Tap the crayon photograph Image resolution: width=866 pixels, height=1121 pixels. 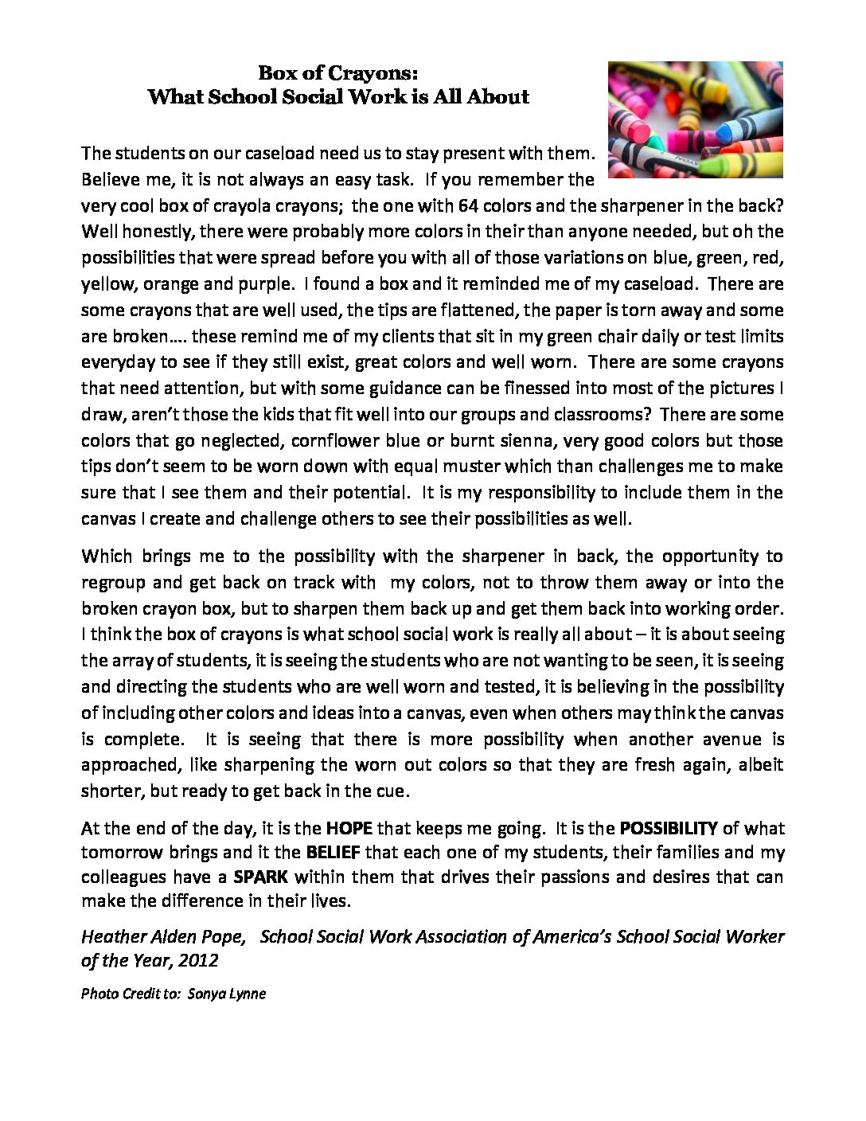coord(695,119)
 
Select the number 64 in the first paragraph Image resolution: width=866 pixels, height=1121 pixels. coord(468,205)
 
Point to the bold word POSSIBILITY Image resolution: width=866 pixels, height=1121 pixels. coord(669,828)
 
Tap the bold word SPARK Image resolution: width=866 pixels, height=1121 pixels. coord(260,878)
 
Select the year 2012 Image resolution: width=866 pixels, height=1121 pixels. coord(199,960)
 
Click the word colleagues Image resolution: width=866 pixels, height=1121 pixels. coord(124,878)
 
